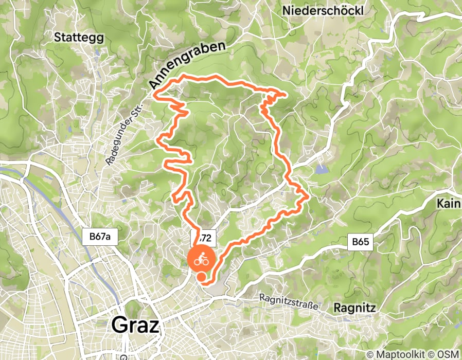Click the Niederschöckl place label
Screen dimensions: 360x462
click(323, 10)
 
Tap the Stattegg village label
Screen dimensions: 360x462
click(79, 38)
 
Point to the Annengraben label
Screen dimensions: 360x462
click(188, 65)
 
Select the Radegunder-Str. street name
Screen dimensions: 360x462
click(120, 134)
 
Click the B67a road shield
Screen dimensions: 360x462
click(100, 237)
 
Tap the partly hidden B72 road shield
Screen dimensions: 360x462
click(203, 238)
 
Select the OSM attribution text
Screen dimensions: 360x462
click(447, 354)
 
